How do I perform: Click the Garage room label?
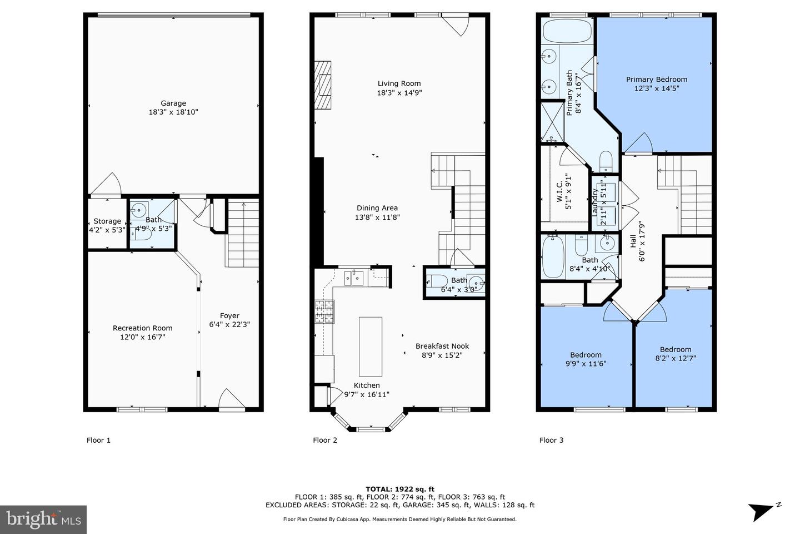[x=173, y=103]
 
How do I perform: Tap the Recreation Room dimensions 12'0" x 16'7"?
[x=142, y=337]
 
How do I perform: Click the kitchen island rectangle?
[x=370, y=347]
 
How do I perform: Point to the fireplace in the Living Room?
[x=323, y=86]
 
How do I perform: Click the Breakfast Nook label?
[x=442, y=346]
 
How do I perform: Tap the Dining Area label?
[x=377, y=208]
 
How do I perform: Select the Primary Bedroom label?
[x=656, y=80]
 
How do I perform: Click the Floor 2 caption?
[x=325, y=440]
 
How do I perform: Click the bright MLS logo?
[x=43, y=520]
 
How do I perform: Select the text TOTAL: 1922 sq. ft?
[x=399, y=489]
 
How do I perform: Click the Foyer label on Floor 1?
[x=229, y=316]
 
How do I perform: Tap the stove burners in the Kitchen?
[x=325, y=311]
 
